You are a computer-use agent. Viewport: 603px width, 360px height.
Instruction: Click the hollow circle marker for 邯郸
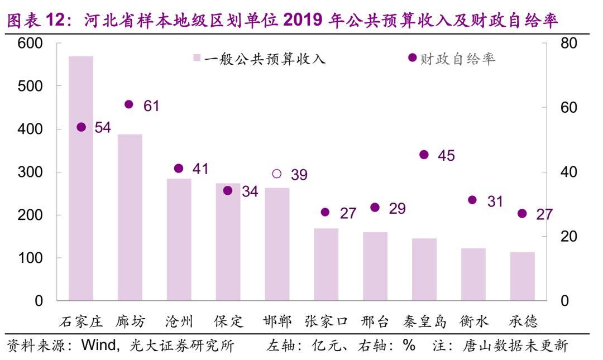(x=277, y=174)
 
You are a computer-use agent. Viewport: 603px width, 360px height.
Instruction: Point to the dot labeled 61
(x=129, y=104)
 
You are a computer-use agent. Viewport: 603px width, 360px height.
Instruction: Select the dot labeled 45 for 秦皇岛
(x=424, y=155)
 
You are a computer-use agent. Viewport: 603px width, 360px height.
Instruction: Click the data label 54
(x=103, y=128)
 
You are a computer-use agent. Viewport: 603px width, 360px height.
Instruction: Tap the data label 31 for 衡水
(x=495, y=201)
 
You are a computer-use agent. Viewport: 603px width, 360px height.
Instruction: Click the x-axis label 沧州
(x=179, y=321)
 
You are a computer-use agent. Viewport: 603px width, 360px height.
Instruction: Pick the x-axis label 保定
(x=228, y=321)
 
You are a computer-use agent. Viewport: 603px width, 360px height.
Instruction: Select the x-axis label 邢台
(x=375, y=321)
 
